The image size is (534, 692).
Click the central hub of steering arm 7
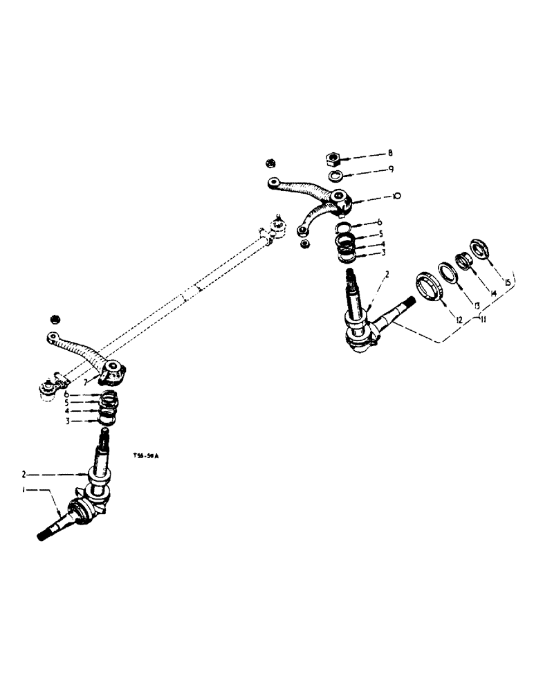113,372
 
